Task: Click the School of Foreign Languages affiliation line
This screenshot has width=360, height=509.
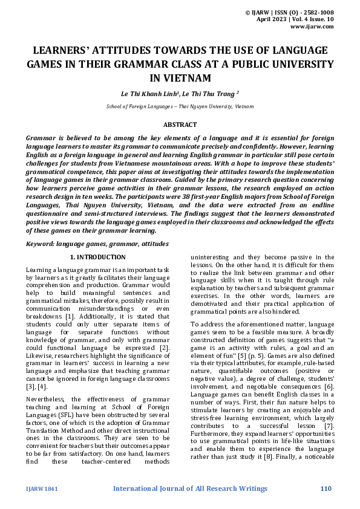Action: pos(180,106)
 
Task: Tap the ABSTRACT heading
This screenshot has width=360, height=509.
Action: pos(180,125)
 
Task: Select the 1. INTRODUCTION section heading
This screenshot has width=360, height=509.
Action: pos(98,258)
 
